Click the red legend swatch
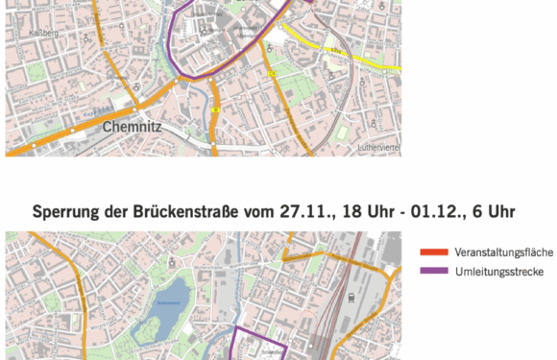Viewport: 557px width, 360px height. tap(434, 252)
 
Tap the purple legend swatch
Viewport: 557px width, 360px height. tap(434, 272)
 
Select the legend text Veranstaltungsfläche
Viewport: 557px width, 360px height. tap(503, 252)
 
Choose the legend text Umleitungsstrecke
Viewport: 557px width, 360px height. tap(496, 272)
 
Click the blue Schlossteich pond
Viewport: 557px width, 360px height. tap(158, 319)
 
